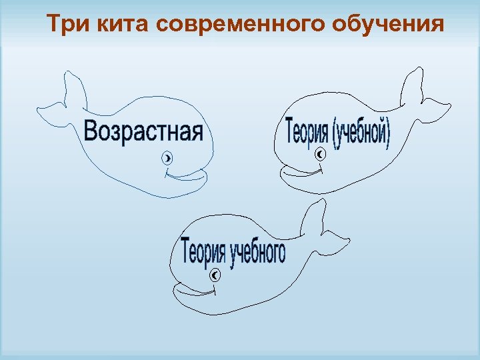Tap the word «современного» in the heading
[236, 25]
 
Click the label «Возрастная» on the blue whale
[143, 130]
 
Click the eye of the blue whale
[167, 159]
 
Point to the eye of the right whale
[320, 155]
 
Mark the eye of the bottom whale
[215, 275]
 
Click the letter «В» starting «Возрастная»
[91, 130]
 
